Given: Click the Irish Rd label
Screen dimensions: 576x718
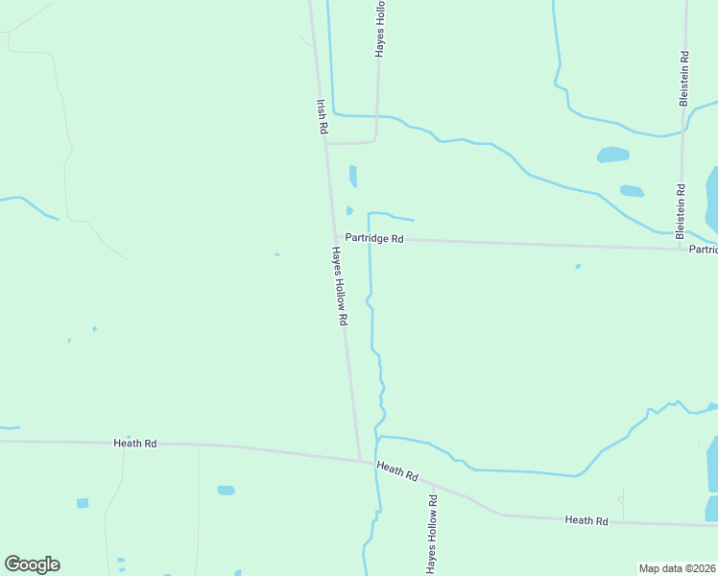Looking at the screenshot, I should (x=323, y=116).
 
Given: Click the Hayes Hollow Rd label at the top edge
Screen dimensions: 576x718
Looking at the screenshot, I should (x=381, y=29).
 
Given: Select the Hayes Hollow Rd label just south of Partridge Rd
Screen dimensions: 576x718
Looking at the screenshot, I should (x=338, y=286).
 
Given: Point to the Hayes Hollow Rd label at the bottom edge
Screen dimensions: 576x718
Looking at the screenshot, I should (x=432, y=536).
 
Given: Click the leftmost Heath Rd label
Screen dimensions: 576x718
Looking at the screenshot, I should (x=134, y=444).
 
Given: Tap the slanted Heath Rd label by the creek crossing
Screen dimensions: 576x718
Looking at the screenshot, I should (x=397, y=471).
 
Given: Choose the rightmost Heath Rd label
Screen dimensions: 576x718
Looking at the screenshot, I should (x=586, y=520).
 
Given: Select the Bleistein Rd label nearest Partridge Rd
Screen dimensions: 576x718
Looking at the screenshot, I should (x=681, y=211).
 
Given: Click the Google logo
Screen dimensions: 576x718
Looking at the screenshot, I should (x=32, y=564).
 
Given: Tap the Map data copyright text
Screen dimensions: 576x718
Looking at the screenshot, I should (x=677, y=568).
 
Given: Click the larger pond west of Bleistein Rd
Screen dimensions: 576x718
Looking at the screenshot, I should (x=612, y=155).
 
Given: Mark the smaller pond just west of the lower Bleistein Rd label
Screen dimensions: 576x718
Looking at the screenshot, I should (x=632, y=191).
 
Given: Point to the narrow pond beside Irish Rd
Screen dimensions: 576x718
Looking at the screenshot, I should (x=353, y=176).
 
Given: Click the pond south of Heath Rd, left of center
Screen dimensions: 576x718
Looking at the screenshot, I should (x=226, y=490).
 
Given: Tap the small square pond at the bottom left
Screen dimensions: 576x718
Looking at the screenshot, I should (x=83, y=503).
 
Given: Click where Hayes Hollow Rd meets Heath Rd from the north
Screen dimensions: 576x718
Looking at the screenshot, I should (x=360, y=460).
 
